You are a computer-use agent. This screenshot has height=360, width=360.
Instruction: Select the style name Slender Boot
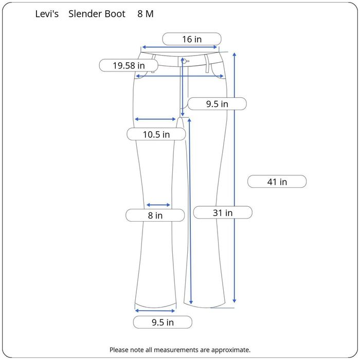[97, 14]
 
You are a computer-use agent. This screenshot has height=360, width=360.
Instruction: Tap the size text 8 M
[145, 14]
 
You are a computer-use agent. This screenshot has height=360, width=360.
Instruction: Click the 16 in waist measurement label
[192, 39]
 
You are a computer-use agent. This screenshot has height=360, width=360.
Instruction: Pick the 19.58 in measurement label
[129, 65]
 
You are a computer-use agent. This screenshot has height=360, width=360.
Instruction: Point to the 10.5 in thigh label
[156, 134]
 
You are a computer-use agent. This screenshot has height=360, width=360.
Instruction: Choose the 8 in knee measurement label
[155, 215]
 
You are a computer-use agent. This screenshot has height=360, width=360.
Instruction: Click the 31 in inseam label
[223, 212]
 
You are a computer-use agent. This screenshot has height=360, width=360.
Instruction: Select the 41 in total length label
[277, 182]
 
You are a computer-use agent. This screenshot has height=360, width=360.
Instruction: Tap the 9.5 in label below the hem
[163, 322]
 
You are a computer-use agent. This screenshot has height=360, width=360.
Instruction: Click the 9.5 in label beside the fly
[217, 104]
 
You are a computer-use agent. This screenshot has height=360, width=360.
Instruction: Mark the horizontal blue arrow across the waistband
[180, 47]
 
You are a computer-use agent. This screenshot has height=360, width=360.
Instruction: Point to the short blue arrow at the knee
[158, 205]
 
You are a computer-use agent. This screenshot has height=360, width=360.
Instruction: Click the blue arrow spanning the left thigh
[155, 119]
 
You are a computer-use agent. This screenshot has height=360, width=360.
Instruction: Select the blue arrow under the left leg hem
[155, 311]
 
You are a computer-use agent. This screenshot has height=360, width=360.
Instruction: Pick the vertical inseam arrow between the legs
[191, 211]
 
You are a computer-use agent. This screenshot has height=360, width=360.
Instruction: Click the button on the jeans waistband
[184, 61]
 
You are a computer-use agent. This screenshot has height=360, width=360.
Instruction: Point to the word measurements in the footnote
[165, 350]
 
